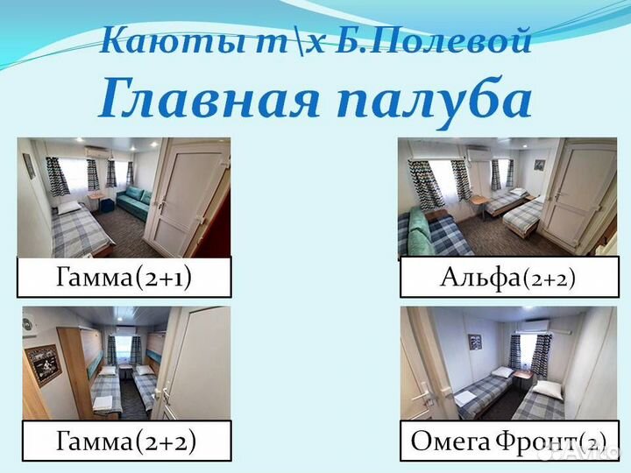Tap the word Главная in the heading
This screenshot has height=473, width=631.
click(x=203, y=98)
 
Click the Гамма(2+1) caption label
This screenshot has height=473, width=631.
click(x=124, y=279)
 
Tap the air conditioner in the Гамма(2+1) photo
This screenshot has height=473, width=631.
click(x=96, y=151)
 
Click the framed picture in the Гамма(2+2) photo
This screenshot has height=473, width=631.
click(x=44, y=364)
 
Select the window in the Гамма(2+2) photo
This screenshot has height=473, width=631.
click(x=124, y=349)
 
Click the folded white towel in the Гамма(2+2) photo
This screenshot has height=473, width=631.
click(x=103, y=403)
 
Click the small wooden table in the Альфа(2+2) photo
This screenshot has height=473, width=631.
click(x=479, y=202)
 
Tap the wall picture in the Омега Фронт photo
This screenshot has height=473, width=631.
click(x=473, y=342)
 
